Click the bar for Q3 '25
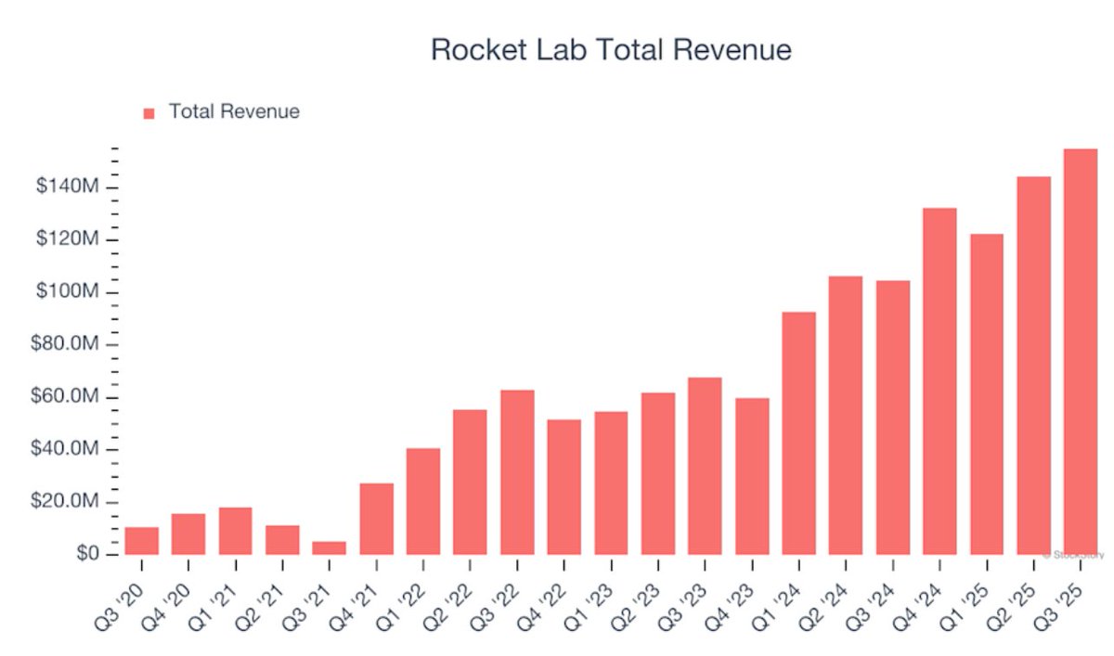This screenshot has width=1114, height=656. [1081, 353]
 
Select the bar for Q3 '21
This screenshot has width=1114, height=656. [330, 548]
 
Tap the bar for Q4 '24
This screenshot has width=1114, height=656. [939, 381]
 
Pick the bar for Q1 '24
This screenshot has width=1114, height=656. [798, 433]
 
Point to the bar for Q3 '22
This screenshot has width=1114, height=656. [517, 472]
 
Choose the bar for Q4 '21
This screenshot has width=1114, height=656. [376, 519]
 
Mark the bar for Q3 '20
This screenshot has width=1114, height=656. [142, 541]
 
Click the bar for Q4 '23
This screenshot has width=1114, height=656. [752, 476]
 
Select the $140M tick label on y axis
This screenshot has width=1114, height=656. [67, 187]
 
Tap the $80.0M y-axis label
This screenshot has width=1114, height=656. [67, 345]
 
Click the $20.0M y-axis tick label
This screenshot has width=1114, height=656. [67, 502]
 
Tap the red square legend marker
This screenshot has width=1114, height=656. [149, 113]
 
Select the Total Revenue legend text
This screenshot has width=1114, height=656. [234, 112]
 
